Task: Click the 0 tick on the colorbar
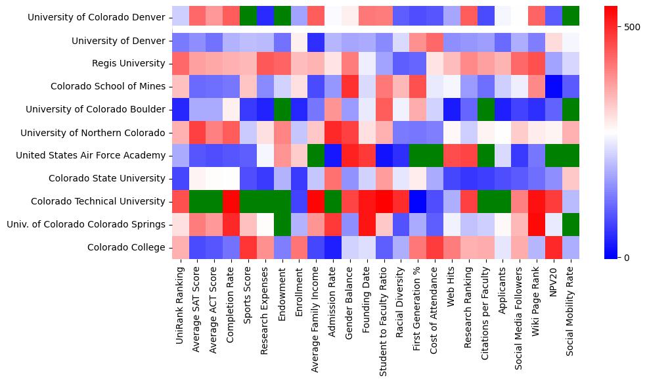pos(618,257)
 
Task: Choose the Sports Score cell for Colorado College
pos(248,247)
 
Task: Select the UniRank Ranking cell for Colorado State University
pos(180,178)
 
